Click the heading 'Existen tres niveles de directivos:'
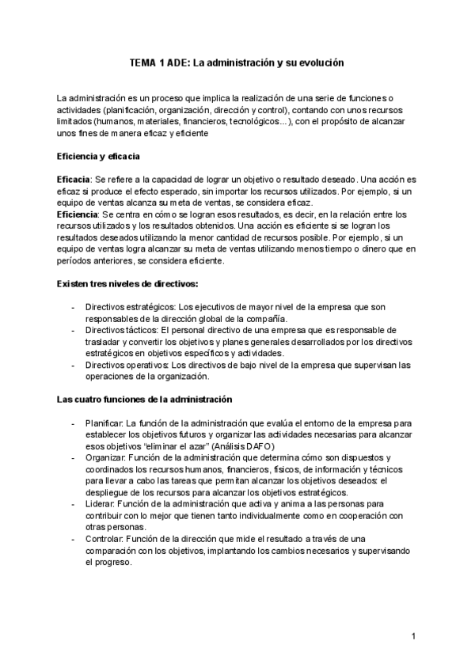[x=127, y=284]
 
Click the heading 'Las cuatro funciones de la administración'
[x=144, y=400]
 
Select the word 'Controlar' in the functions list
[x=105, y=538]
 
